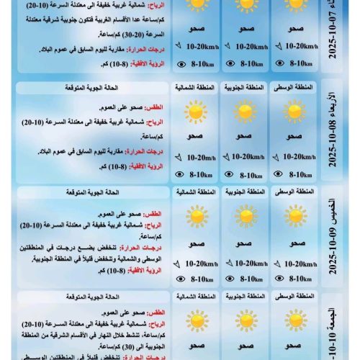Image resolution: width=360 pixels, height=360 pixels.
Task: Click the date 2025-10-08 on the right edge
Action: click(333, 145)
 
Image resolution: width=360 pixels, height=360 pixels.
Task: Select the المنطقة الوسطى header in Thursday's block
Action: click(294, 192)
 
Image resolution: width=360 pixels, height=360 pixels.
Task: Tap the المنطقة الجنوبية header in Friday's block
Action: click(245, 296)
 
